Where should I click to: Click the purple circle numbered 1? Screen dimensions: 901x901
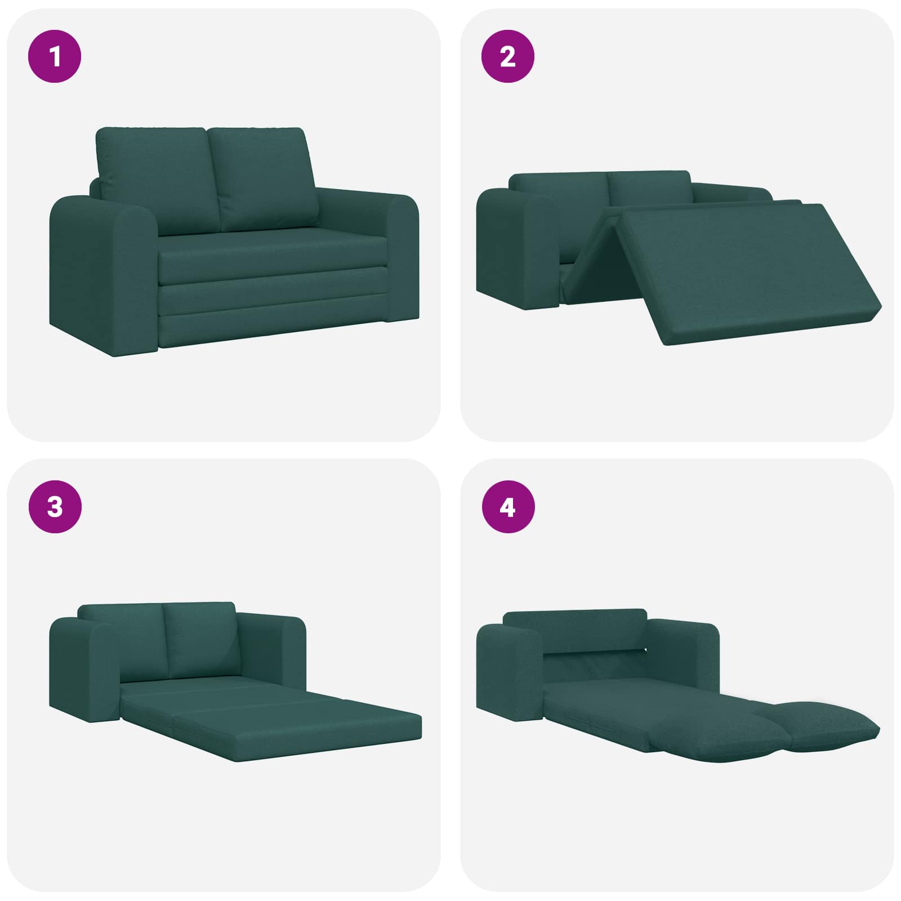(x=55, y=56)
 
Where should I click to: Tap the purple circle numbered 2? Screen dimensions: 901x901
(x=508, y=56)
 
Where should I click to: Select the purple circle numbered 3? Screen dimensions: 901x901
(x=55, y=507)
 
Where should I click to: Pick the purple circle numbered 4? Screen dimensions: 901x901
(x=508, y=507)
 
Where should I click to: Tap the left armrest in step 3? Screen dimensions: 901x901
(x=84, y=670)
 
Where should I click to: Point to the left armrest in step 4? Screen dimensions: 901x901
(x=510, y=673)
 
